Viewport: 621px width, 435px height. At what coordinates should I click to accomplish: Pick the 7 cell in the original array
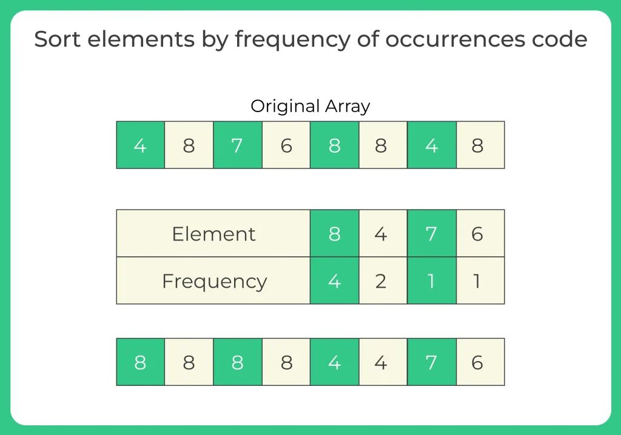(237, 145)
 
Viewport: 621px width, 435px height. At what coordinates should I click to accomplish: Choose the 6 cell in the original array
(286, 145)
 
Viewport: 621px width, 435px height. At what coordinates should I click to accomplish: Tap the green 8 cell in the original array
(334, 145)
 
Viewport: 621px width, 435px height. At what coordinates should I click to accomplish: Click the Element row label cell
(213, 234)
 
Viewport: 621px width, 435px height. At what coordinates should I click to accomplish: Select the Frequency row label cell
(213, 281)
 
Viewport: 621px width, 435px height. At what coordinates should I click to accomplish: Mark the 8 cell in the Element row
(334, 234)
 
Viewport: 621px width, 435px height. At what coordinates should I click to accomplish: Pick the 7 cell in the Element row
(431, 234)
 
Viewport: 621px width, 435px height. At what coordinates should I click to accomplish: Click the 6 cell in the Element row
(480, 234)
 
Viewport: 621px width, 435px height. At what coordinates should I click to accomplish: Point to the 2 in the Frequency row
(383, 281)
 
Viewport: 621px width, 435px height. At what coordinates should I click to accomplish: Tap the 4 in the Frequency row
(334, 281)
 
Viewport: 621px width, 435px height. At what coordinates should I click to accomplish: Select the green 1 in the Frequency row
(431, 281)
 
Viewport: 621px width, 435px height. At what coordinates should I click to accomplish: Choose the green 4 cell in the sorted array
(334, 362)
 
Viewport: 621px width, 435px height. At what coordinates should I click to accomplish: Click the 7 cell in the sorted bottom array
(431, 362)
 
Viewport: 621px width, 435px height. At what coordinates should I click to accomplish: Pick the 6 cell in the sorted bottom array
(480, 362)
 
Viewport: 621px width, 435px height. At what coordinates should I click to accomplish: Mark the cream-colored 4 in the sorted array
(383, 362)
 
